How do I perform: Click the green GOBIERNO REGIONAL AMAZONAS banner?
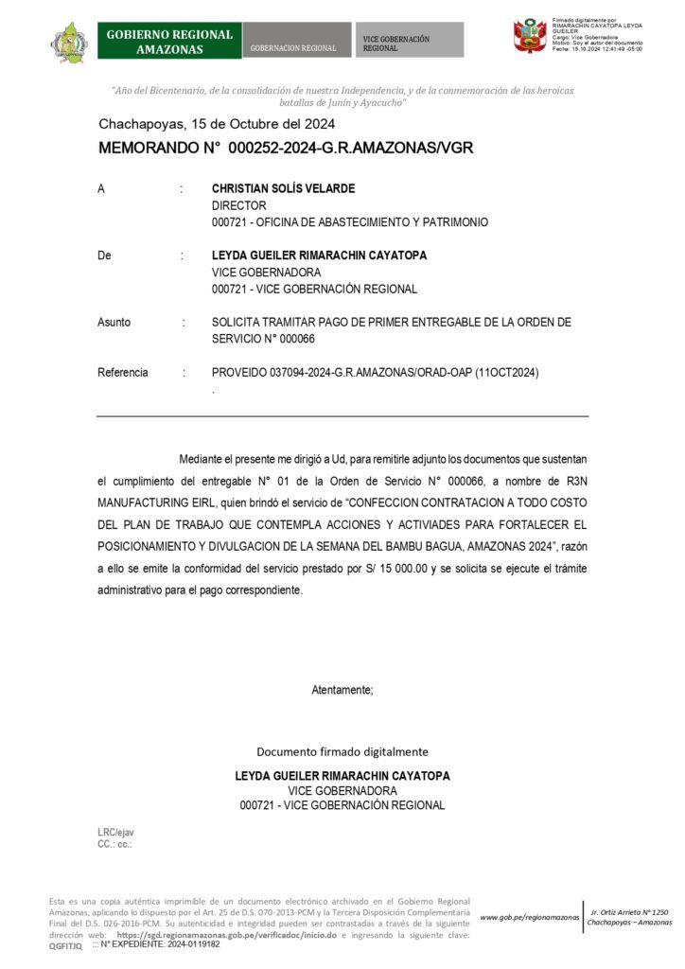[x=169, y=41]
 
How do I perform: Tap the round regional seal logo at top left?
[x=68, y=42]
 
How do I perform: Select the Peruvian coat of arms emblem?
[x=530, y=37]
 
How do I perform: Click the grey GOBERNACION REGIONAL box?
[x=297, y=42]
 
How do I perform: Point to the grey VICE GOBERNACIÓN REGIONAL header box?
[x=410, y=42]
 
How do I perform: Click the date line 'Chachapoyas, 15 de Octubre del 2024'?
[x=217, y=124]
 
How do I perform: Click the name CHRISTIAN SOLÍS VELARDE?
[x=283, y=188]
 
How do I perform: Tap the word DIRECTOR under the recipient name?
[x=238, y=205]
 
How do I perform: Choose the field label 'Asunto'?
[x=114, y=323]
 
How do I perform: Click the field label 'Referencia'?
[x=123, y=373]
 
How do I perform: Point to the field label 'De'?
[x=104, y=255]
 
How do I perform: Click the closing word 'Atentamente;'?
[x=342, y=690]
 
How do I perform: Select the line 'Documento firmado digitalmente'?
[x=342, y=751]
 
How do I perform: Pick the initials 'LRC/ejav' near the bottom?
[x=116, y=832]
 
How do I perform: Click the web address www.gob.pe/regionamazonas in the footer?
[x=530, y=918]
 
